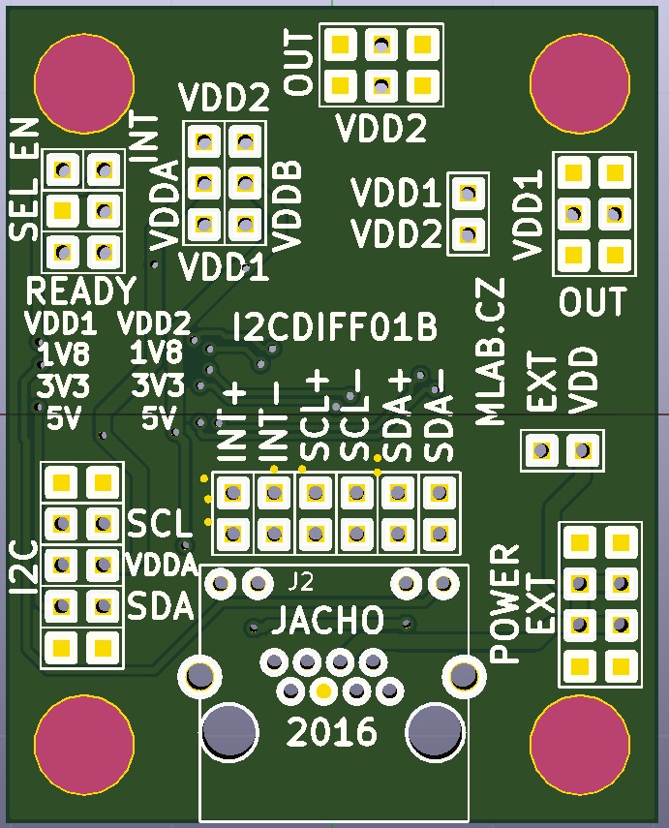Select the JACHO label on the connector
click(326, 622)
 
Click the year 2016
click(331, 731)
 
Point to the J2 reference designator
click(302, 583)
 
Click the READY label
click(81, 291)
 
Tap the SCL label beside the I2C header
click(159, 523)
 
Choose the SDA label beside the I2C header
click(161, 607)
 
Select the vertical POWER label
click(504, 603)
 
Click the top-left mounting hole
click(83, 84)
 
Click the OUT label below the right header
click(593, 302)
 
